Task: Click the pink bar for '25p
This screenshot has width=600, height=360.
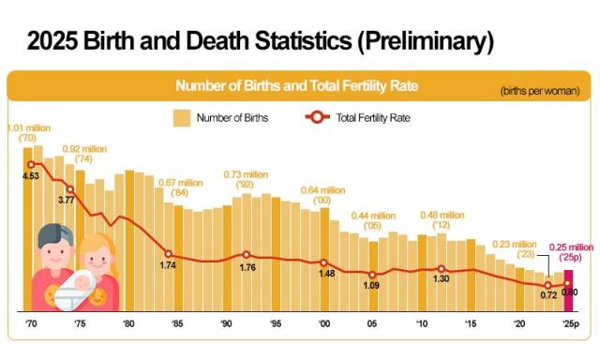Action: click(x=568, y=291)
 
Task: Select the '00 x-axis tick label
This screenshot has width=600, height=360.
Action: click(x=324, y=323)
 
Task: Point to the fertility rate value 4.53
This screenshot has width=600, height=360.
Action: click(x=30, y=174)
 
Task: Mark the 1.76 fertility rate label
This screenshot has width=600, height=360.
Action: click(x=247, y=267)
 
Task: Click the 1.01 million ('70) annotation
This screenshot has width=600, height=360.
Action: click(x=27, y=132)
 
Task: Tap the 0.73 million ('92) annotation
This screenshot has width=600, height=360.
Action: click(x=246, y=180)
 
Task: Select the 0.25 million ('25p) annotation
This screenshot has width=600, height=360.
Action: click(x=571, y=252)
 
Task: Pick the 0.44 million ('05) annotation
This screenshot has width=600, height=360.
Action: click(x=373, y=221)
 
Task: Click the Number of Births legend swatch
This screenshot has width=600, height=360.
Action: click(x=181, y=117)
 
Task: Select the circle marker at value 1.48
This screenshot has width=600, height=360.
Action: click(x=324, y=262)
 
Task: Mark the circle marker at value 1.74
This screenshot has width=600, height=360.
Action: click(x=170, y=254)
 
